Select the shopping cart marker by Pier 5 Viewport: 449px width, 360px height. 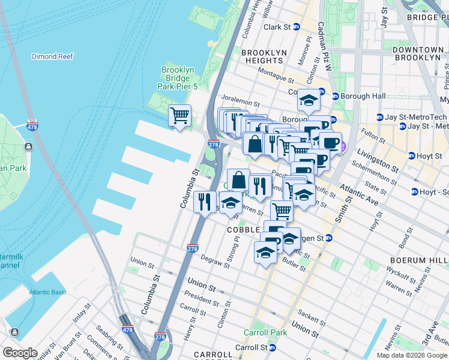pyautogui.click(x=179, y=115)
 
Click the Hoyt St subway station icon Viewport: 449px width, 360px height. pyautogui.click(x=412, y=156)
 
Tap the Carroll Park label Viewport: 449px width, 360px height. pyautogui.click(x=261, y=332)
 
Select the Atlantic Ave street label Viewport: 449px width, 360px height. pyautogui.click(x=359, y=195)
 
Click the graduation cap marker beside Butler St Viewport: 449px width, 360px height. pyautogui.click(x=265, y=253)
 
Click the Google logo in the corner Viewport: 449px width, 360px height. pyautogui.click(x=20, y=353)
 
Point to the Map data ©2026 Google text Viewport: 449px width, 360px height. pyautogui.click(x=412, y=355)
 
